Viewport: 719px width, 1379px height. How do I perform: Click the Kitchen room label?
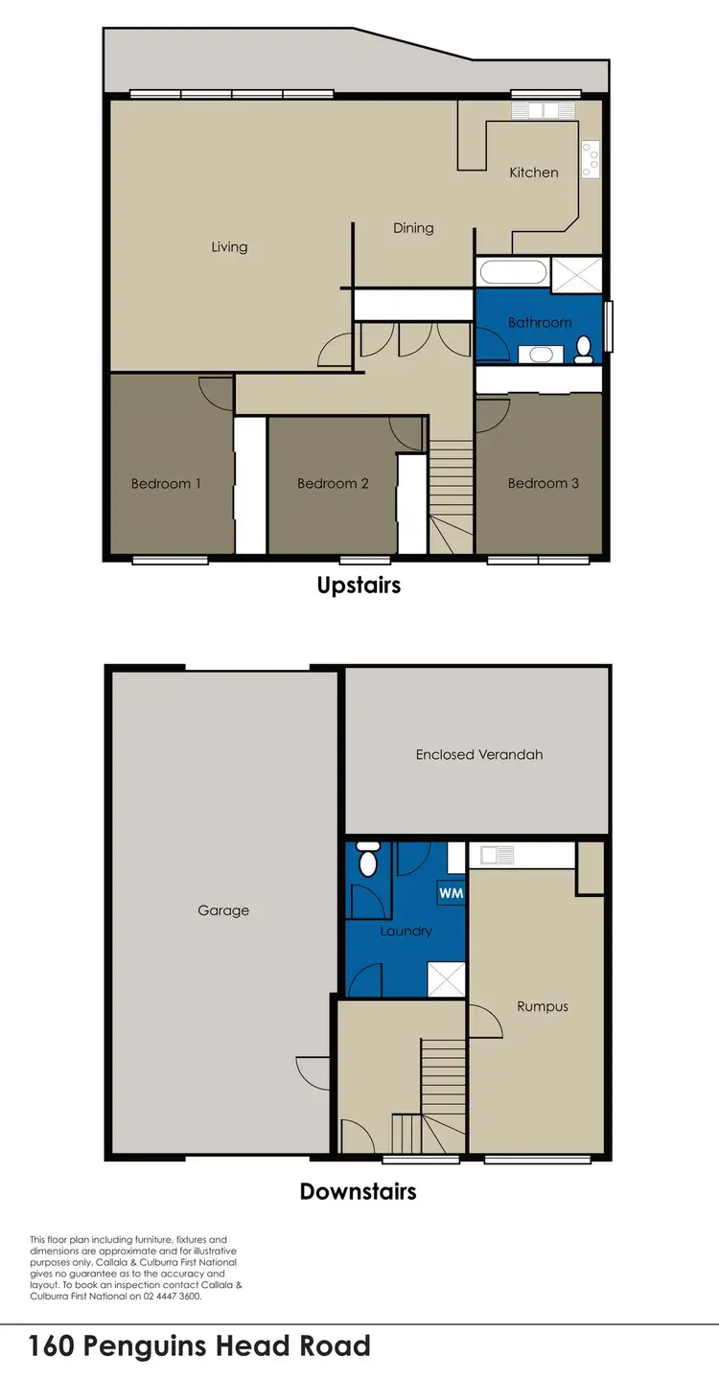[x=533, y=172]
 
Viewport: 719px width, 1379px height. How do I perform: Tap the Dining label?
[x=413, y=228]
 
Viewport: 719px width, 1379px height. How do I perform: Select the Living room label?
[x=229, y=247]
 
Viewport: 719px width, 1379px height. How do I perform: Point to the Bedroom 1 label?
[x=166, y=484]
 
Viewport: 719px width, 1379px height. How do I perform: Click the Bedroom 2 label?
[x=333, y=484]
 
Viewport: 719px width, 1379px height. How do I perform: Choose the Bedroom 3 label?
[x=544, y=484]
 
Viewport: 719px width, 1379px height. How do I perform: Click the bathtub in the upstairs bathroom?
[x=513, y=271]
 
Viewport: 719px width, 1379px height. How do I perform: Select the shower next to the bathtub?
[x=576, y=272]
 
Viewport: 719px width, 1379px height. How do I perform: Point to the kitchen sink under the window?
[x=544, y=111]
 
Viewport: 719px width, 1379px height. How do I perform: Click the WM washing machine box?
[x=450, y=893]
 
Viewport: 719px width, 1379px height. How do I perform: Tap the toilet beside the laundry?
[x=368, y=859]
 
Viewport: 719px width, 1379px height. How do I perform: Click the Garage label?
[x=223, y=910]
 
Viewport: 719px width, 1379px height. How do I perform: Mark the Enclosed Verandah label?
[x=479, y=755]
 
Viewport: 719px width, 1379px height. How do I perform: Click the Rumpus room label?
[x=543, y=1006]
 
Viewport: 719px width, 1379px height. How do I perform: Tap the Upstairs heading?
[x=359, y=585]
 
